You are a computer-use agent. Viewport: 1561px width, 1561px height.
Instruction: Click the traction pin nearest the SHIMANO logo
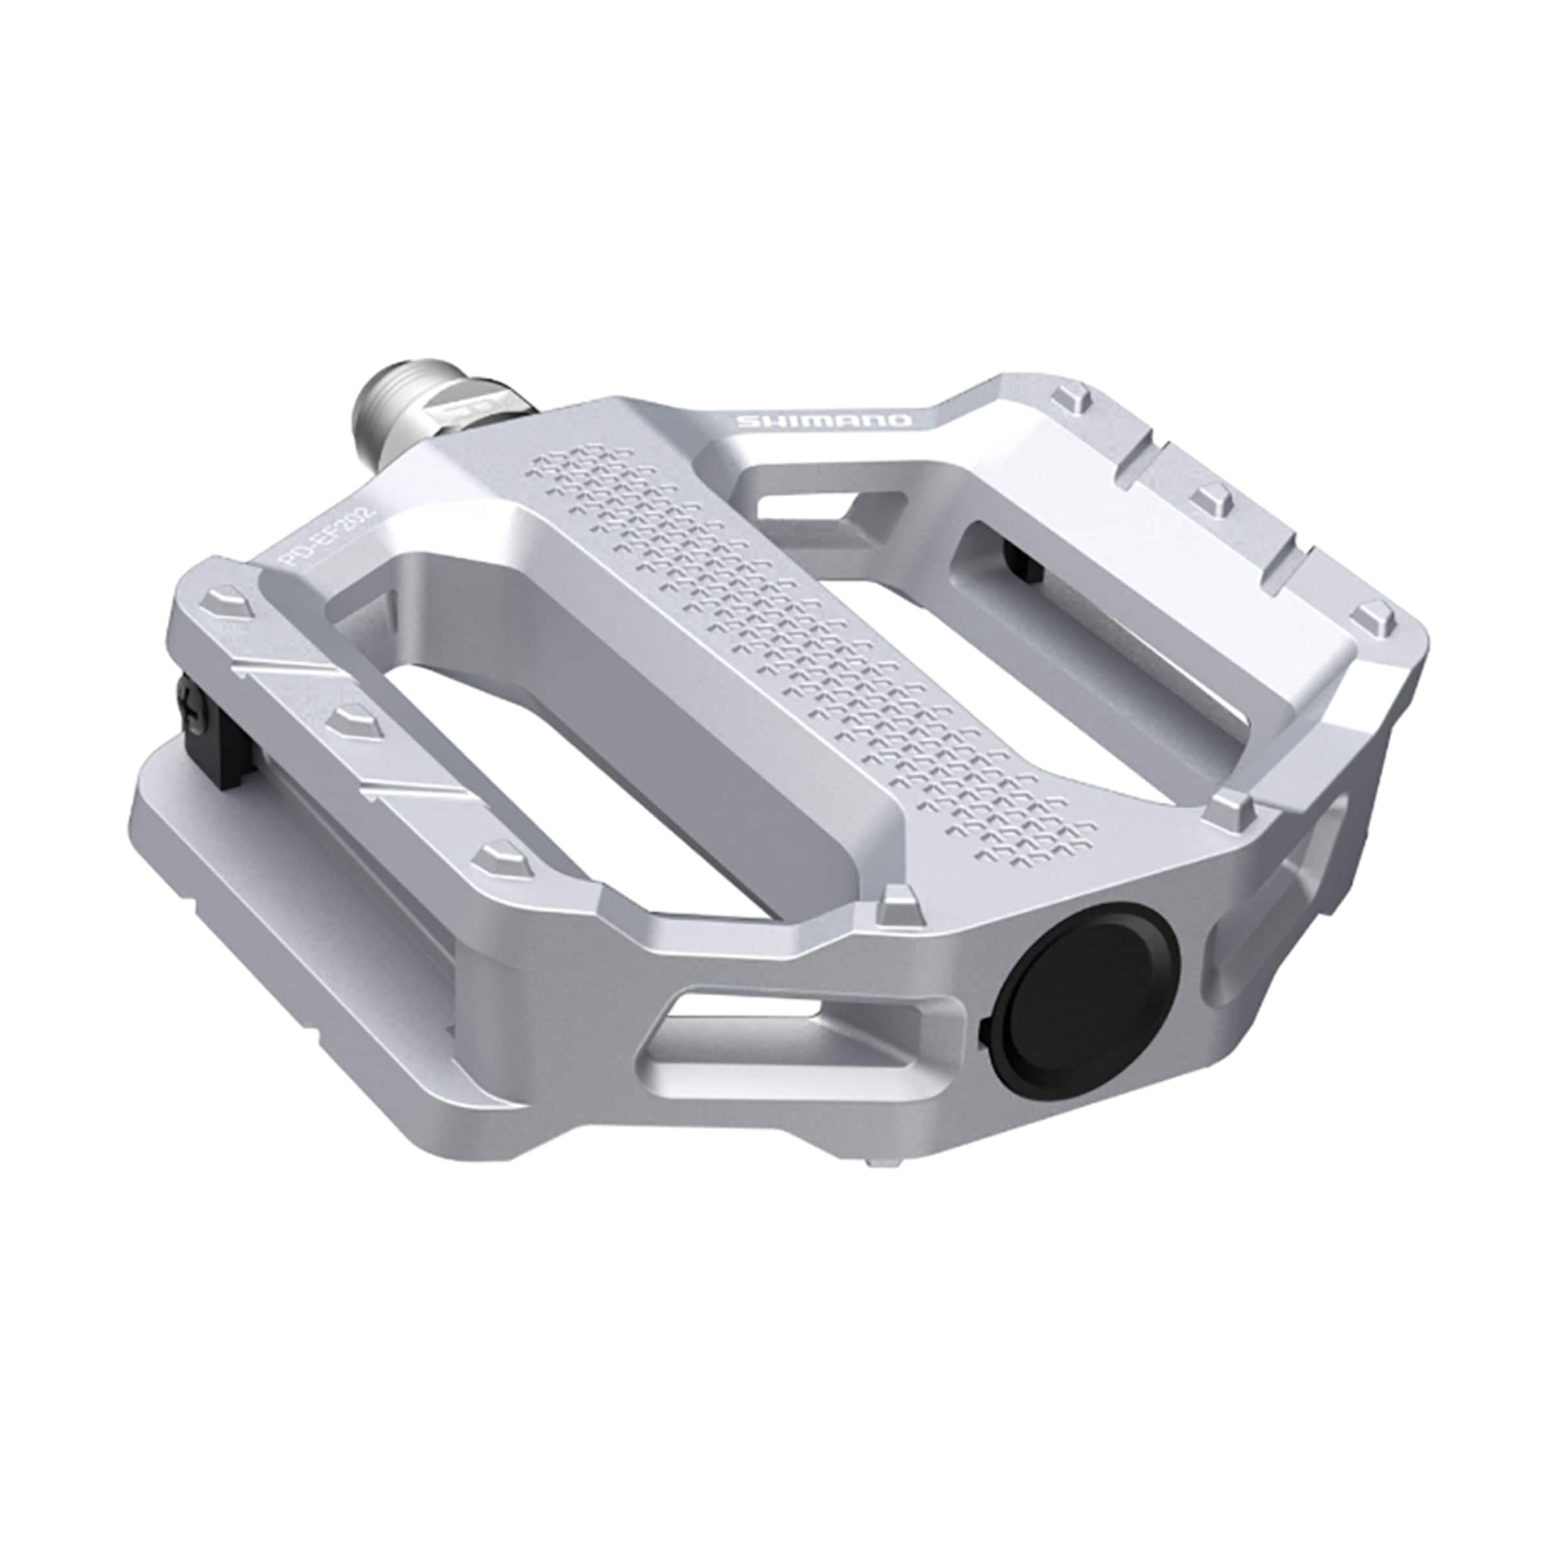(x=1070, y=397)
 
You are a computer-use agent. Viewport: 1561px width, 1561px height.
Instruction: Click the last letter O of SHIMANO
(x=900, y=421)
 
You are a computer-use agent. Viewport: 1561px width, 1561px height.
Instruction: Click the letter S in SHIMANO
(x=745, y=420)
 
